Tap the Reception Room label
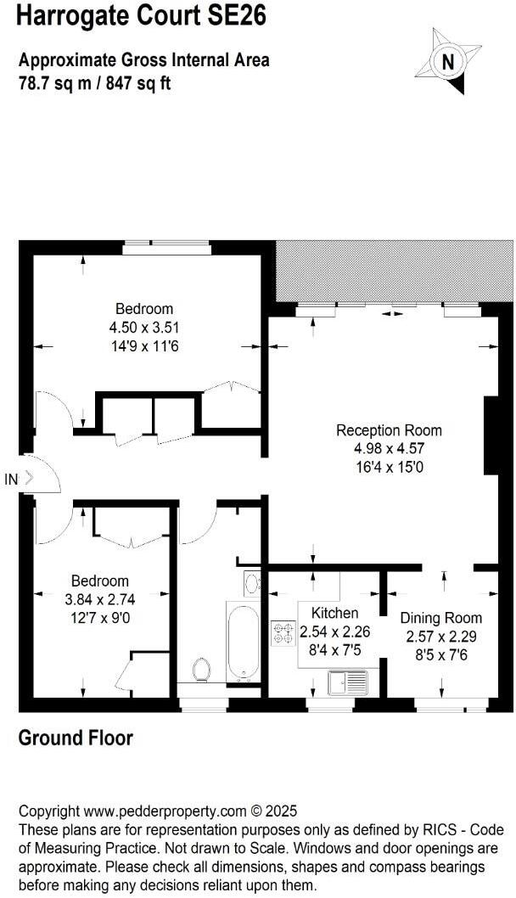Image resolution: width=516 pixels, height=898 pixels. [389, 430]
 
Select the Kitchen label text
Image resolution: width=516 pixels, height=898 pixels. [334, 613]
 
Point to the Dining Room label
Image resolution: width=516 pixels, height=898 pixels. [440, 618]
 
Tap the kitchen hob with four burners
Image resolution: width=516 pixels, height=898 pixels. [282, 633]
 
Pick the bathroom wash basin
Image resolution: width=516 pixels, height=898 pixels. [252, 583]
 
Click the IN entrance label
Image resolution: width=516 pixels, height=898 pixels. [11, 480]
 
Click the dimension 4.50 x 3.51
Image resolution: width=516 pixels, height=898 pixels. [144, 327]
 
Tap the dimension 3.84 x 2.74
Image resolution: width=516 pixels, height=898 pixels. [100, 599]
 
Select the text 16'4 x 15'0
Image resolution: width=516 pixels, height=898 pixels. [389, 466]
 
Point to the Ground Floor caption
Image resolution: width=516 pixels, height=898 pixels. [76, 738]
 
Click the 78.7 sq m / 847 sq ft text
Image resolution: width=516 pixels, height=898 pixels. [94, 84]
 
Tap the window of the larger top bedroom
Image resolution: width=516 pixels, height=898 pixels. [166, 247]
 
